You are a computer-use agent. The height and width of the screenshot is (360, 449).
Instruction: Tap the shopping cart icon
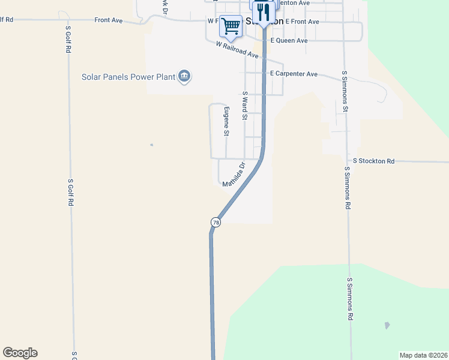pos(230,26)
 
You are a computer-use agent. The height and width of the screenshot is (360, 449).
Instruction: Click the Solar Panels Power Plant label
pos(128,76)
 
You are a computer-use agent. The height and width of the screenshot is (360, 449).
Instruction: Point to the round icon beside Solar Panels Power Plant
pos(185,76)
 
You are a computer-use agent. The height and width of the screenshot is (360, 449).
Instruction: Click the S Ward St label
pos(245,105)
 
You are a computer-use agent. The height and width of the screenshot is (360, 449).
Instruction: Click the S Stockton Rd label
pos(374,161)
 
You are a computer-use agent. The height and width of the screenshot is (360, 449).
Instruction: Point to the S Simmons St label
pos(345,91)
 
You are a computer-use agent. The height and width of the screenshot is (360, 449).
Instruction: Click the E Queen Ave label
pos(289,40)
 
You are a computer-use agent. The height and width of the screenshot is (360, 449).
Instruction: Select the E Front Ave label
pos(303,21)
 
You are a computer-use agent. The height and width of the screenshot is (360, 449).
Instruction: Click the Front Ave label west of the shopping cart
pos(108,20)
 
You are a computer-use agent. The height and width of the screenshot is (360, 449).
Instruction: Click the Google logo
pos(20,353)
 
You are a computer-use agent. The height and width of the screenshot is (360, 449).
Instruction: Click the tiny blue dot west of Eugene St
pos(152,145)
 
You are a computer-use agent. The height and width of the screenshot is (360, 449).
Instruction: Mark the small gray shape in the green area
pos(387,326)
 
